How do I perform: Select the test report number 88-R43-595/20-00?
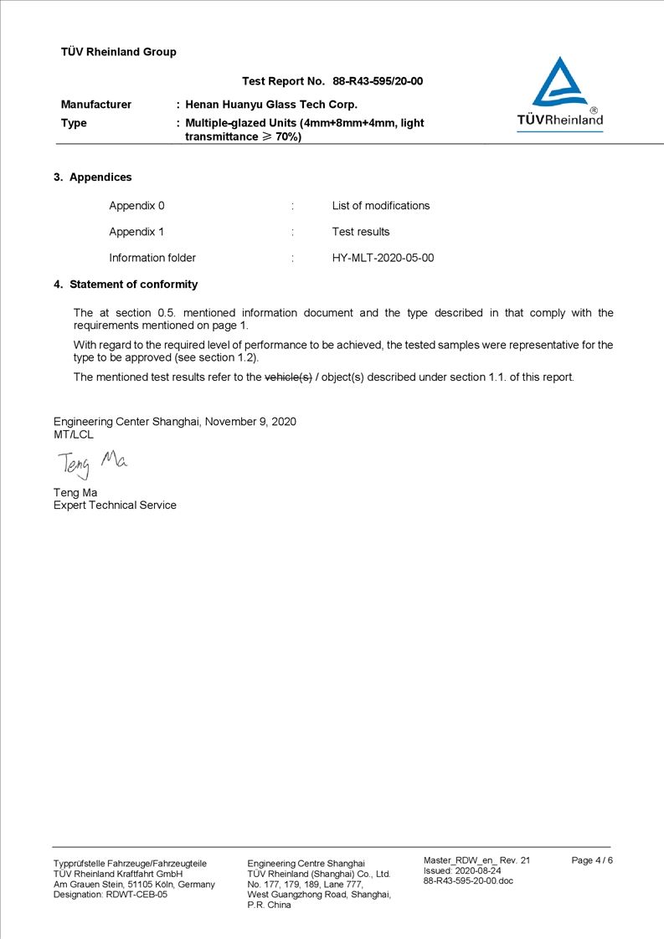pos(378,81)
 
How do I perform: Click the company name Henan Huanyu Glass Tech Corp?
pos(271,105)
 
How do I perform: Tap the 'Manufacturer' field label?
pos(96,105)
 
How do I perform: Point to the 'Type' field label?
pos(74,123)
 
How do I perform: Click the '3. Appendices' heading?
pos(93,177)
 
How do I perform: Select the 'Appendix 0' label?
pos(136,206)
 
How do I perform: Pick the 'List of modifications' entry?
pos(380,206)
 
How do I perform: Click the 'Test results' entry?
pos(360,232)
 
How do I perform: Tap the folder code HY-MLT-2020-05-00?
pos(383,258)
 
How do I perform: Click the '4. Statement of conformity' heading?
pos(126,285)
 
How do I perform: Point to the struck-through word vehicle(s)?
pos(288,377)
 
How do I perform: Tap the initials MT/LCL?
pos(74,434)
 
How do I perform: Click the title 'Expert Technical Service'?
pos(115,505)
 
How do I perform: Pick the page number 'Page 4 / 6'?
pos(592,860)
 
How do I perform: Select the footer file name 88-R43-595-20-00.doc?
pos(468,880)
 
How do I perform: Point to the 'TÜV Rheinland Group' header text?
pos(119,52)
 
